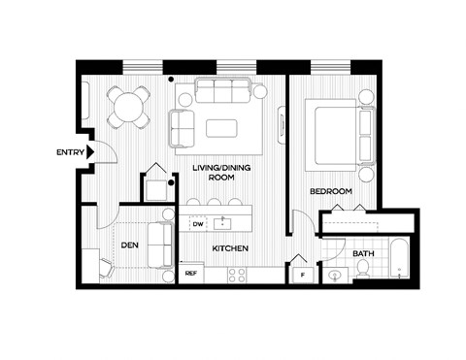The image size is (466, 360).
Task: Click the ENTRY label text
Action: (x=70, y=151)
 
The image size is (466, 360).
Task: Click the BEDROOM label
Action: (x=330, y=191)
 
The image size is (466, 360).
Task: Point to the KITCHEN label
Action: (x=229, y=249)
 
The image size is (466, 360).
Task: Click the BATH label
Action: (x=363, y=254)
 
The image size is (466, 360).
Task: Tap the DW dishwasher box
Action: (x=197, y=224)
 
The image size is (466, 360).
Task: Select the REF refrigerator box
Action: (x=192, y=275)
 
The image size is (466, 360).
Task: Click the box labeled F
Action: (x=305, y=275)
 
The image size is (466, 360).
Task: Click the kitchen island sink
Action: (x=225, y=221)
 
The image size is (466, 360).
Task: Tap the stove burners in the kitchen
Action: (x=238, y=275)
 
